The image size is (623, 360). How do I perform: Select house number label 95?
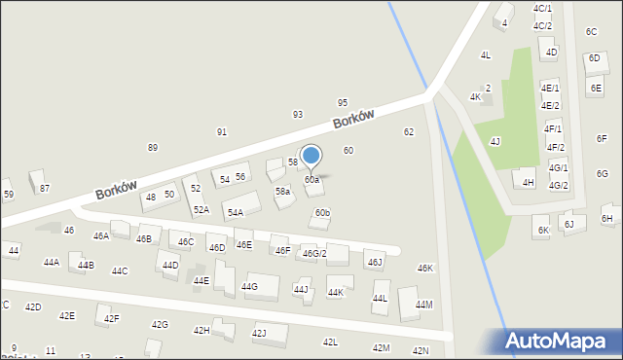pyautogui.click(x=343, y=102)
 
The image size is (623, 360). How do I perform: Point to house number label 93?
pyautogui.click(x=298, y=115)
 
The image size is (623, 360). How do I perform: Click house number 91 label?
pyautogui.click(x=222, y=131)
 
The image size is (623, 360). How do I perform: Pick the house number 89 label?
pyautogui.click(x=153, y=147)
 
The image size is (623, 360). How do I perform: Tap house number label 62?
pyautogui.click(x=409, y=131)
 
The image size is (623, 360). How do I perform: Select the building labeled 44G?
pyautogui.click(x=250, y=286)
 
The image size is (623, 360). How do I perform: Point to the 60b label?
pyautogui.click(x=322, y=213)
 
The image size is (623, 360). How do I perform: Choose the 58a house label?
pyautogui.click(x=282, y=192)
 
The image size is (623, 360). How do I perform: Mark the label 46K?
pyautogui.click(x=425, y=268)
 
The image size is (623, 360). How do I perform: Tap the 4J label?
pyautogui.click(x=495, y=142)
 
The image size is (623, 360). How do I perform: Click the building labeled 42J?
pyautogui.click(x=260, y=333)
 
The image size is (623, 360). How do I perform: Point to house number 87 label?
pyautogui.click(x=44, y=188)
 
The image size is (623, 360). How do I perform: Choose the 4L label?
pyautogui.click(x=485, y=55)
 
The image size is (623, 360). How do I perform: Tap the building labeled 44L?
pyautogui.click(x=381, y=298)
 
